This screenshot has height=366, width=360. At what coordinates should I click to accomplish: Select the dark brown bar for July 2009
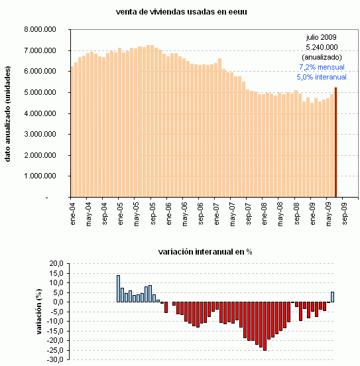[x=335, y=143]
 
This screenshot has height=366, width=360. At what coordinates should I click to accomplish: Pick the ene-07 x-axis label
[x=215, y=215]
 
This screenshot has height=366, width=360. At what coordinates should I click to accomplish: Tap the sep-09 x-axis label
[x=344, y=215]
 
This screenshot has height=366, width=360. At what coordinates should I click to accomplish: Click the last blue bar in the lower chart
[x=332, y=297]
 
